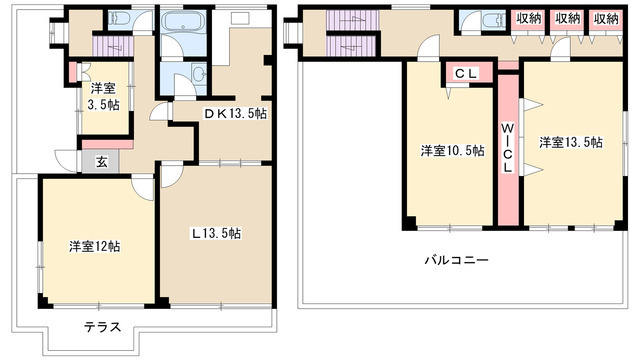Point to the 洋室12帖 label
click(95, 244)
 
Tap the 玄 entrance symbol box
click(101, 160)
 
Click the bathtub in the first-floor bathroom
click(182, 24)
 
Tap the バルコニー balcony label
click(456, 261)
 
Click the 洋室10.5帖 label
click(451, 151)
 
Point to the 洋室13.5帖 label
click(571, 143)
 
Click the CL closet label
click(466, 73)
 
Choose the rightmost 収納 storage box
click(604, 19)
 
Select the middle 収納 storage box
click(566, 19)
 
